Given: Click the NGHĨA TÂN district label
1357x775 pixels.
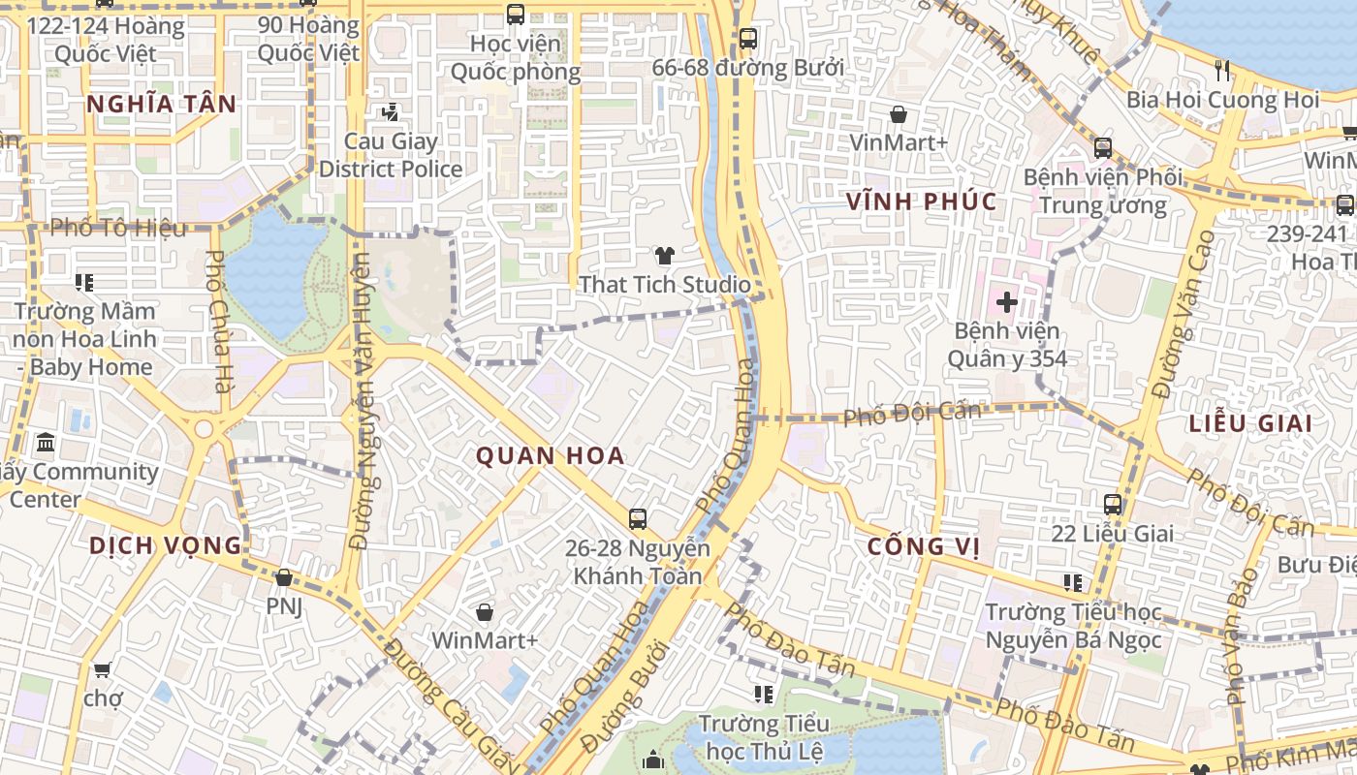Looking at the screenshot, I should [161, 105].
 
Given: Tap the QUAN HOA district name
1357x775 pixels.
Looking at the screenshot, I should [550, 455].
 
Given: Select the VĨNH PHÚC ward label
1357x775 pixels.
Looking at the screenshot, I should [921, 201].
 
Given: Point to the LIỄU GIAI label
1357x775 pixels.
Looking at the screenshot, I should [1250, 423].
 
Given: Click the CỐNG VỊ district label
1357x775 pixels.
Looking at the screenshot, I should [923, 546].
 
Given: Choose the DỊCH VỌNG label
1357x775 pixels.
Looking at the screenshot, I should [165, 545].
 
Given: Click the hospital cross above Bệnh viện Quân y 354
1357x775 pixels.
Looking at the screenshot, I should [1006, 301].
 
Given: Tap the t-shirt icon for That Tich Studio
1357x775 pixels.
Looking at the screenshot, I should [664, 256].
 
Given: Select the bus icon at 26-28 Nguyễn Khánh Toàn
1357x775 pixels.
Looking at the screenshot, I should [637, 519].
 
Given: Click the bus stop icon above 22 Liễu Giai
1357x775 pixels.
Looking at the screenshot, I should [1112, 505].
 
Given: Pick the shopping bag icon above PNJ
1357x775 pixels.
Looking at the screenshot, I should [283, 578].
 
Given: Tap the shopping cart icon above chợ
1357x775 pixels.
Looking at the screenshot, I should [102, 669].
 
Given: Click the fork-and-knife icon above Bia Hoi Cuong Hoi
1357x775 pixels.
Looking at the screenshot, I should [1221, 70].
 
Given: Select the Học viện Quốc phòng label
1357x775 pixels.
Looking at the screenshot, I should [515, 57].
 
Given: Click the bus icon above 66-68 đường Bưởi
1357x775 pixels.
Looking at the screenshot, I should [747, 39].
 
